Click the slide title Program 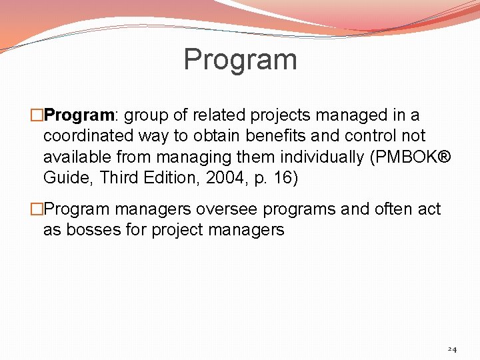pyautogui.click(x=240, y=59)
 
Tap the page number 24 pyautogui.click(x=452, y=349)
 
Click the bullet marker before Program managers pyautogui.click(x=37, y=209)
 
